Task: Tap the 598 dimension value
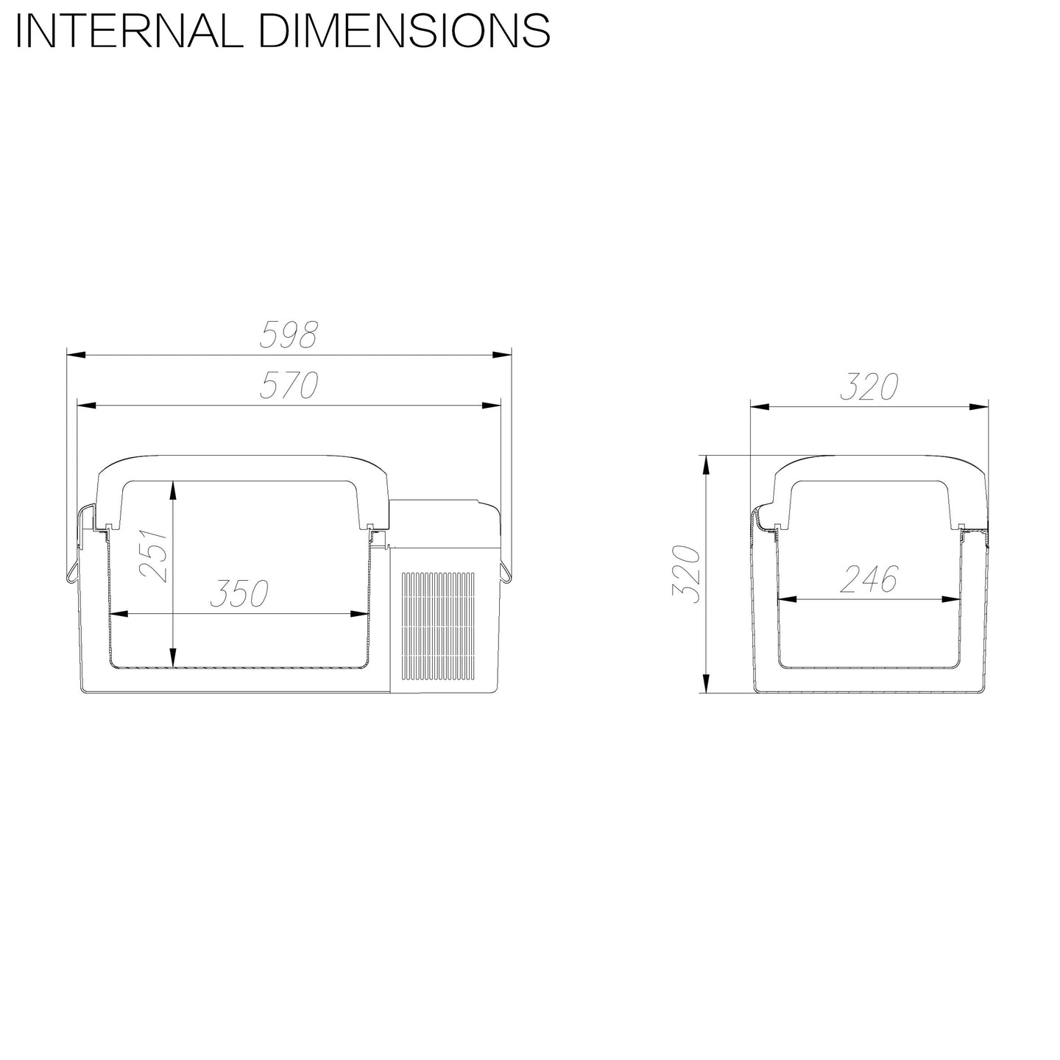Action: pyautogui.click(x=289, y=334)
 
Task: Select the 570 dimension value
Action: pyautogui.click(x=289, y=384)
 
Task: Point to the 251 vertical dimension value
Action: pyautogui.click(x=153, y=555)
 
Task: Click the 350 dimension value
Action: pyautogui.click(x=239, y=593)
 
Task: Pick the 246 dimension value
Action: pyautogui.click(x=869, y=578)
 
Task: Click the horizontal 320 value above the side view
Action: pyautogui.click(x=869, y=386)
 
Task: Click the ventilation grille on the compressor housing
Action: pyautogui.click(x=437, y=626)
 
